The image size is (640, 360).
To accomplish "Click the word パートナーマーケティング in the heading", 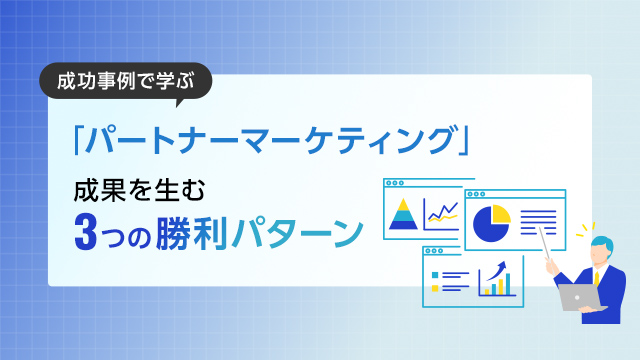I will coord(270,141).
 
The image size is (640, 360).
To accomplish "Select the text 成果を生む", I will coord(124,188).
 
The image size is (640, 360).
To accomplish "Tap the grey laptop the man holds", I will coord(578,297).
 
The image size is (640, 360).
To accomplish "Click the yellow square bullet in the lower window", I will coord(434,274).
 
